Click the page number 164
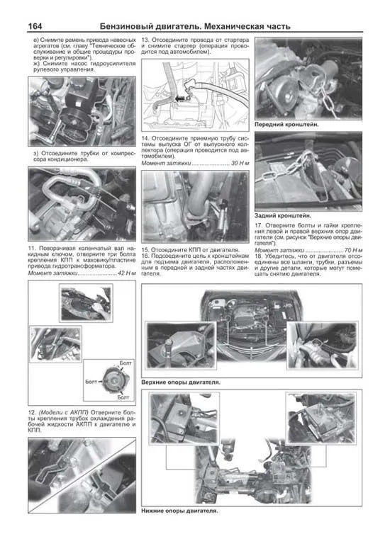tap(35, 26)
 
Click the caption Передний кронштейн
tap(286, 124)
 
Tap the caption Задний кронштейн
tap(282, 215)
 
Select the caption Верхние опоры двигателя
tap(181, 382)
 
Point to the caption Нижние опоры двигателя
tap(179, 510)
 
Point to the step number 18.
tap(260, 258)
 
